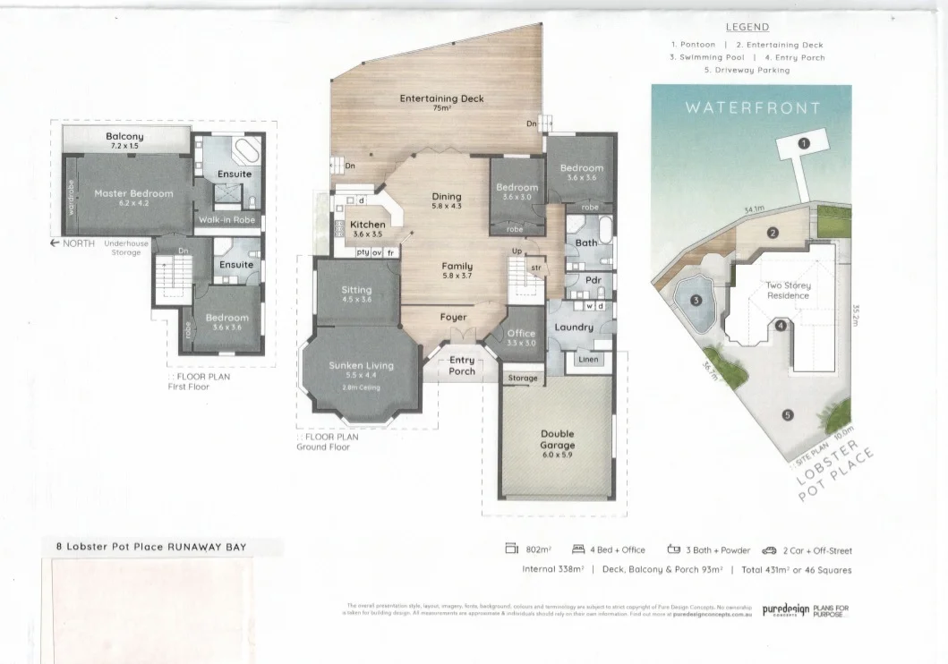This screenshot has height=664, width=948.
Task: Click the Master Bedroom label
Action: (133, 193)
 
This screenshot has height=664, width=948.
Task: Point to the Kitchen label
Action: (367, 225)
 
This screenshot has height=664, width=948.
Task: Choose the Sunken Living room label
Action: (361, 365)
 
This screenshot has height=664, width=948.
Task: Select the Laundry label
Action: (574, 327)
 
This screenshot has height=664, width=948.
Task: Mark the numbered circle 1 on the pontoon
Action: (804, 143)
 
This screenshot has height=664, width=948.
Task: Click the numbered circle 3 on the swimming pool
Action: (696, 301)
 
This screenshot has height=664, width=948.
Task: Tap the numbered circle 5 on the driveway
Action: (787, 414)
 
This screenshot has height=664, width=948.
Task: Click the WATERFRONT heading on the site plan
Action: (752, 108)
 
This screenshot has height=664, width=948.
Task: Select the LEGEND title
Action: (747, 28)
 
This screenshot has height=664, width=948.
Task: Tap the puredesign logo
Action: (785, 610)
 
